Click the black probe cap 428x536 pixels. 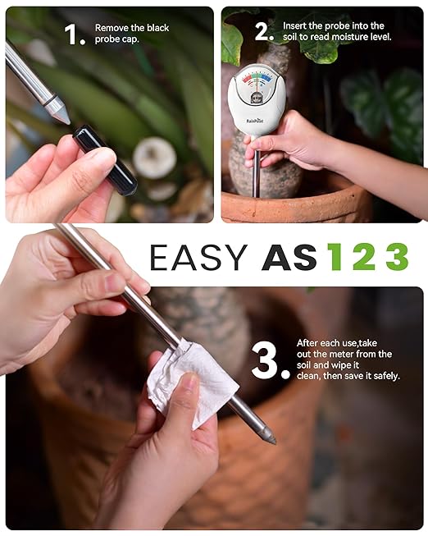click(105, 160)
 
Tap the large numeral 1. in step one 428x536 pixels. click(74, 34)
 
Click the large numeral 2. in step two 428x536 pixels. click(263, 31)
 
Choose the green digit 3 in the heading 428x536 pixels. click(397, 257)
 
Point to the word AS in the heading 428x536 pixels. click(289, 257)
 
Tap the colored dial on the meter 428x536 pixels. click(257, 81)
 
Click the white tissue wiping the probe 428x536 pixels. click(191, 381)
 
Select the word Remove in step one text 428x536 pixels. click(112, 28)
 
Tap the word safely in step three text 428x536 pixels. click(385, 376)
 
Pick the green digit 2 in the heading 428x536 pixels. click(366, 257)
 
